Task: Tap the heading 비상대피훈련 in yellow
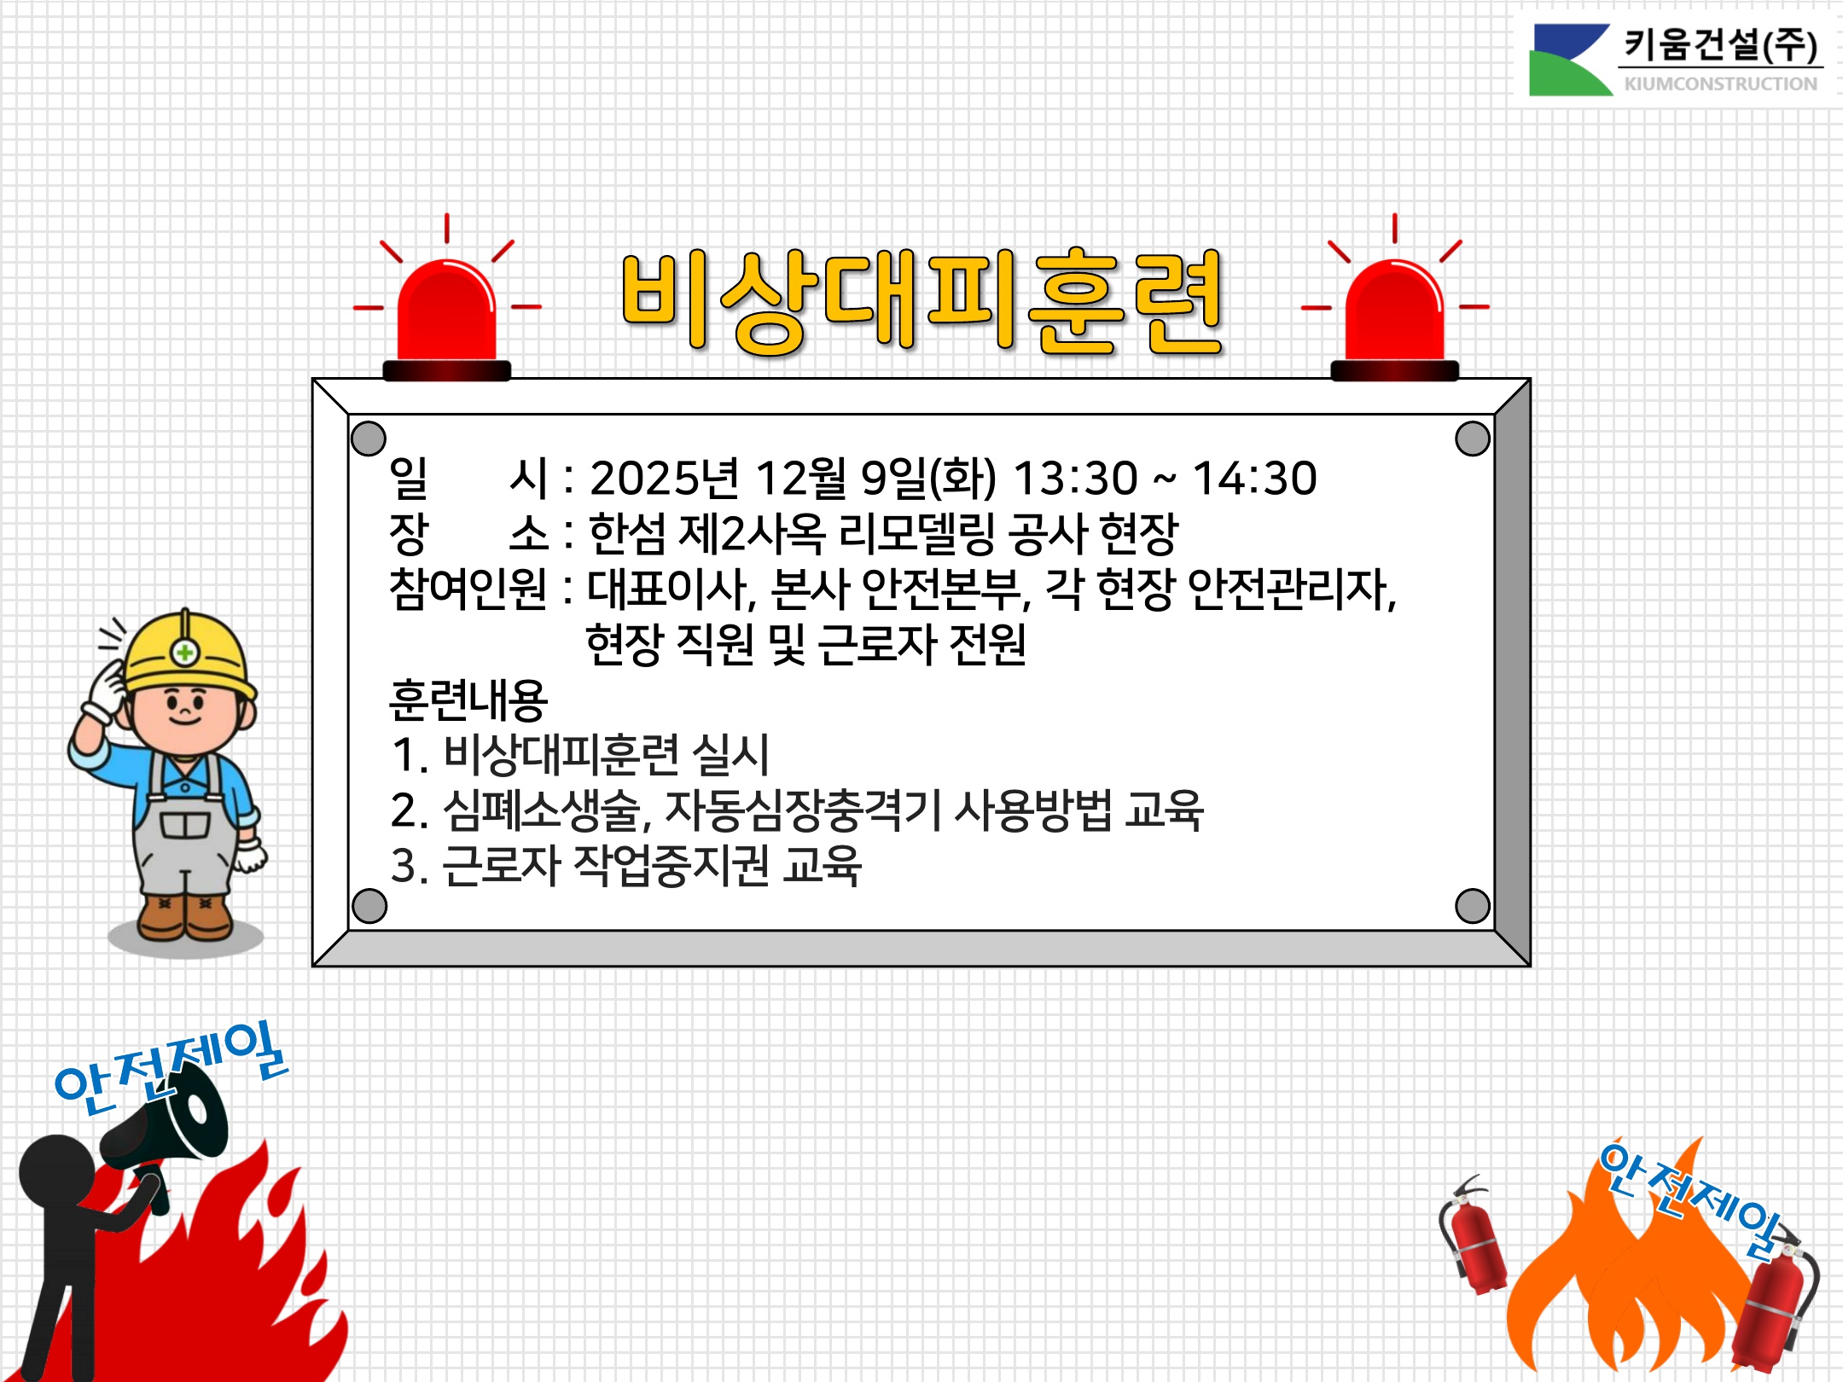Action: [922, 302]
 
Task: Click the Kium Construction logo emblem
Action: [1571, 60]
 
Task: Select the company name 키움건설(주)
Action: [1720, 44]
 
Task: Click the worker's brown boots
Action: [184, 917]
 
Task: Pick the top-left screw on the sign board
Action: [369, 438]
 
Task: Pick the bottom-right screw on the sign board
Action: [1473, 906]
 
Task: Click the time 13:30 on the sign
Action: [1075, 478]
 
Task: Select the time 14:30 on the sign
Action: [1254, 478]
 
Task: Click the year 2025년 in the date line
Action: [664, 478]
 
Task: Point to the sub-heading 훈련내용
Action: [468, 700]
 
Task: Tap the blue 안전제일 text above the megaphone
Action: [171, 1066]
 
